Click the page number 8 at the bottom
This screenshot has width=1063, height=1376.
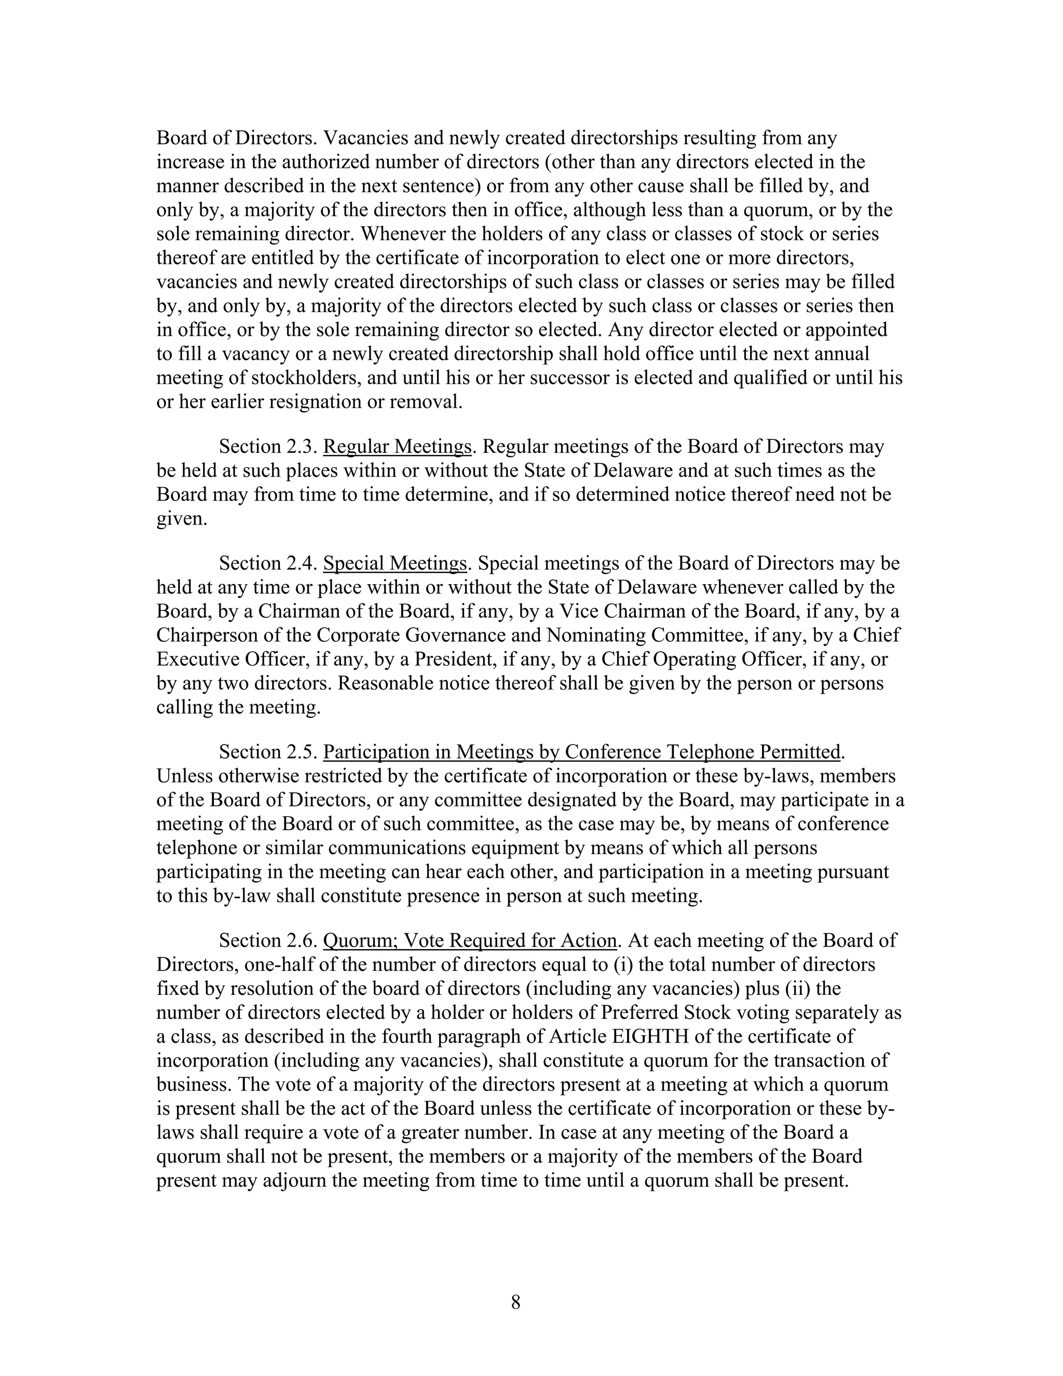point(516,1302)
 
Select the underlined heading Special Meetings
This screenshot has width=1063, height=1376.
point(395,563)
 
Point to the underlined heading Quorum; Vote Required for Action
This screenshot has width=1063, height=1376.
point(469,941)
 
